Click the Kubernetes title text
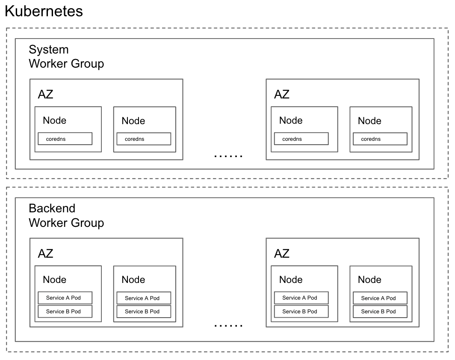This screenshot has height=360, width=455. coord(44,11)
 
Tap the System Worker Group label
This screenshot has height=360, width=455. coord(66,57)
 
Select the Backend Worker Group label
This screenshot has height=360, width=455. coord(66,215)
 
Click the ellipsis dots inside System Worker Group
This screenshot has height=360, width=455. coord(228,156)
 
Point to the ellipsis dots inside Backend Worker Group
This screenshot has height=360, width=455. coord(228,325)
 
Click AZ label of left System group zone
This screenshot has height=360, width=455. coord(46,94)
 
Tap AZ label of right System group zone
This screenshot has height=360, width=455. coord(282,94)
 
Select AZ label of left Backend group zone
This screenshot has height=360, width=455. coord(46,253)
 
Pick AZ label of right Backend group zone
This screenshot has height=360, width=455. coord(282,253)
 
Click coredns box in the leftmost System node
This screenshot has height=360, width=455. coord(65,139)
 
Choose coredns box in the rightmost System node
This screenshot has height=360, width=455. coord(380,139)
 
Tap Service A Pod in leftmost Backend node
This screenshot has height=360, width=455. coord(65,298)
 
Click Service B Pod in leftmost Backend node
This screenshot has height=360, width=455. coord(65,311)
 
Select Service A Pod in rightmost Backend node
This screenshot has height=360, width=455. coord(380,298)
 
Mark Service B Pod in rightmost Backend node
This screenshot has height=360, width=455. coord(380,311)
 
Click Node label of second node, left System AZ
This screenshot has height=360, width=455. coord(133,121)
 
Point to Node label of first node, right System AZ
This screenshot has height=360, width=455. coord(291,120)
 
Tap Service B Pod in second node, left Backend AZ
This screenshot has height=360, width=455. coord(144,311)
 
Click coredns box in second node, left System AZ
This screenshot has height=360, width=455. coord(144,139)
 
